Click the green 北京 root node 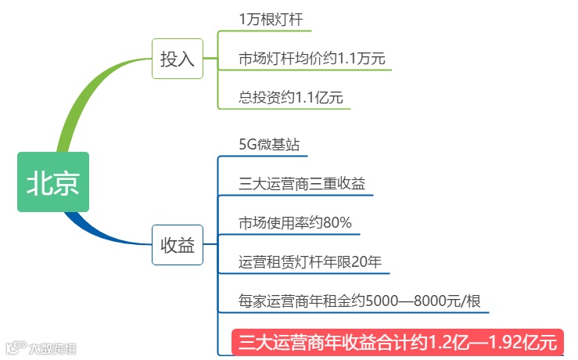tap(53, 182)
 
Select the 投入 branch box tap(177, 59)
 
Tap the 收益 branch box tap(177, 245)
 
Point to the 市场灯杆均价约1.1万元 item tap(311, 58)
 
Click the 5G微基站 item tap(268, 146)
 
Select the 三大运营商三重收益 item tap(302, 184)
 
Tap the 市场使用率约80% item tap(295, 221)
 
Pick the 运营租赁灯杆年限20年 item tap(310, 261)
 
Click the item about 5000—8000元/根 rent tap(359, 301)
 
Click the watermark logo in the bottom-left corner tap(39, 344)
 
